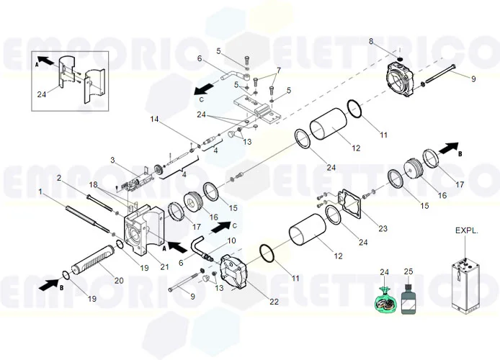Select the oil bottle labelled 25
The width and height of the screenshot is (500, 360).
(410, 300)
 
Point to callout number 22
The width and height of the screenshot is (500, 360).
(274, 302)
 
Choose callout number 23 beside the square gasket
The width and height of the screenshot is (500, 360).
(383, 229)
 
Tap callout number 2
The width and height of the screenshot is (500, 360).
(58, 178)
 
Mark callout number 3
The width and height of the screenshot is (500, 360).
(112, 160)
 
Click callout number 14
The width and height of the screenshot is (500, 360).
(154, 119)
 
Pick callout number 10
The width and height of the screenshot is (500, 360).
(231, 240)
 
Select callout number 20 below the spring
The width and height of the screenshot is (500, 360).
(120, 281)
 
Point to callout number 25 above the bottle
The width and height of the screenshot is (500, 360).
(409, 271)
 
